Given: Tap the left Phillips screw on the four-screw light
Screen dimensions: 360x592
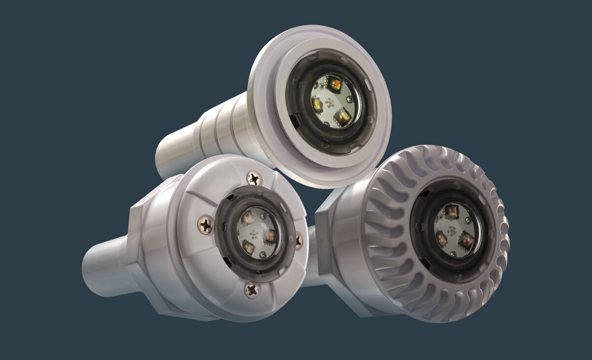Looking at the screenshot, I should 205,225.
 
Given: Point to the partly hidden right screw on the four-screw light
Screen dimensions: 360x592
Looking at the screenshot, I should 299,240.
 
